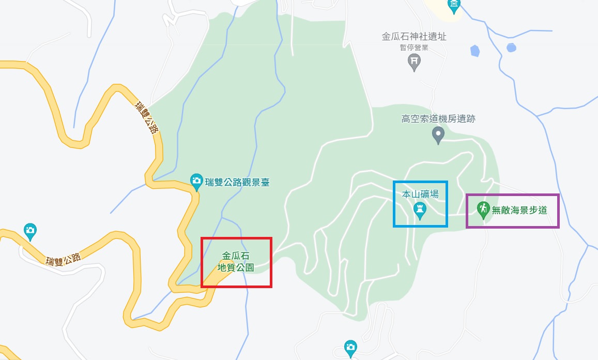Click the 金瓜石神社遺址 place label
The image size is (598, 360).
point(413,37)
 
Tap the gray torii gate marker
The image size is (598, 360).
point(413,62)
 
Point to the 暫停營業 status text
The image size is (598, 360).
point(413,48)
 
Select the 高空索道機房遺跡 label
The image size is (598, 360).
point(438,119)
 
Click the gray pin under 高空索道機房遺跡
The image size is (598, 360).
point(438,135)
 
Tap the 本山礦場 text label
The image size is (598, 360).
point(420,194)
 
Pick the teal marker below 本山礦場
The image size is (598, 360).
point(420,211)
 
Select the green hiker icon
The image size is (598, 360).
point(483,209)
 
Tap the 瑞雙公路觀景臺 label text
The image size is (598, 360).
point(237,182)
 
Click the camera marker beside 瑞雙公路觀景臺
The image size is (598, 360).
point(196,181)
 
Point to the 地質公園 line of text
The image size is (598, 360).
point(236,267)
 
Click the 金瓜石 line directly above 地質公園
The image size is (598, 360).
point(236,256)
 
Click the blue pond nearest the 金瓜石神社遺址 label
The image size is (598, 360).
point(474,51)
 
